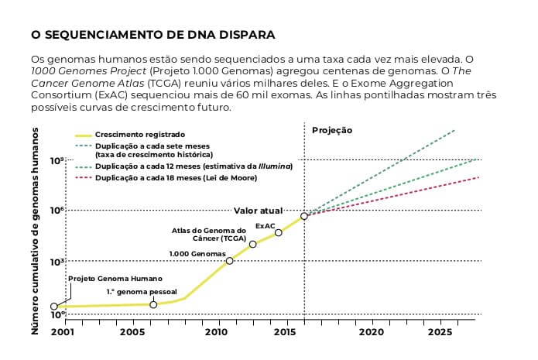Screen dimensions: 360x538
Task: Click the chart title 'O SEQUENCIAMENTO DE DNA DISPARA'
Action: pyautogui.click(x=152, y=36)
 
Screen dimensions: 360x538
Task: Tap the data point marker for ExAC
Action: pyautogui.click(x=279, y=233)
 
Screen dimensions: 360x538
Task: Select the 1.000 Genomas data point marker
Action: pyautogui.click(x=230, y=261)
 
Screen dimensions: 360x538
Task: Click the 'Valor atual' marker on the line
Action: pyautogui.click(x=304, y=216)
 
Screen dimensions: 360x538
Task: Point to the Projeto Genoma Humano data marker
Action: pyautogui.click(x=53, y=307)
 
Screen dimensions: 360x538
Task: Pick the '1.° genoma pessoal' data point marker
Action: pyautogui.click(x=153, y=305)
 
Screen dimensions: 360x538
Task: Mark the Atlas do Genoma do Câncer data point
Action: pyautogui.click(x=253, y=245)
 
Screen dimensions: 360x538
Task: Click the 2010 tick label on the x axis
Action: pyautogui.click(x=215, y=333)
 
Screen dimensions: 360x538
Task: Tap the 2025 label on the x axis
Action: pyautogui.click(x=440, y=333)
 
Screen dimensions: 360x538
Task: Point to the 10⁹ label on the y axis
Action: pyautogui.click(x=58, y=160)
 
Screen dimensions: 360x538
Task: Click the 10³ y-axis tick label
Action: pyautogui.click(x=58, y=262)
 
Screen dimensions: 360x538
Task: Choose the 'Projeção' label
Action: pyautogui.click(x=332, y=131)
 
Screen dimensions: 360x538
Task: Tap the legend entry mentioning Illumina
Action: pyautogui.click(x=194, y=166)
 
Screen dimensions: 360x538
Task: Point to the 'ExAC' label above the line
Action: pyautogui.click(x=266, y=226)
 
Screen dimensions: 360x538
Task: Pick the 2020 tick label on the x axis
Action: pyautogui.click(x=372, y=333)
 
